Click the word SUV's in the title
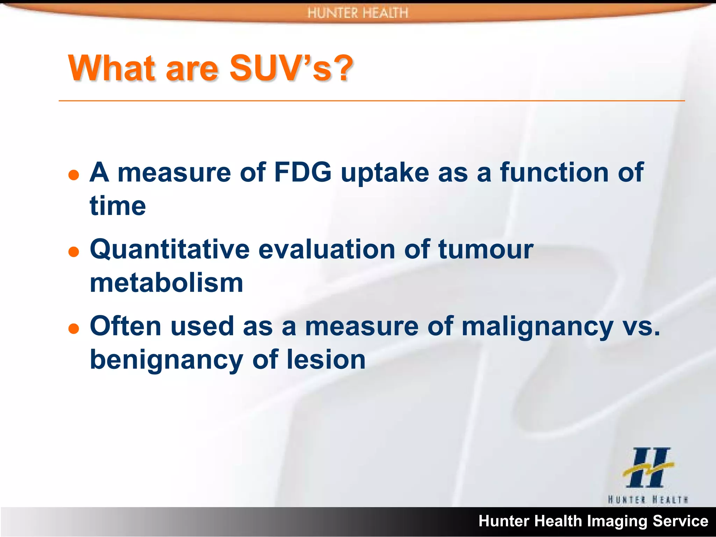coord(280,68)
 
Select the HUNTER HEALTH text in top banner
coord(358,13)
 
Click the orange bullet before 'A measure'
coord(74,174)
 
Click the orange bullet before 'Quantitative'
coord(74,251)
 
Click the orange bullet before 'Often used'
coord(74,328)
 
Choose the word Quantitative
coord(170,250)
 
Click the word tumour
coord(486,250)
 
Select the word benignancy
coord(166,360)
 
